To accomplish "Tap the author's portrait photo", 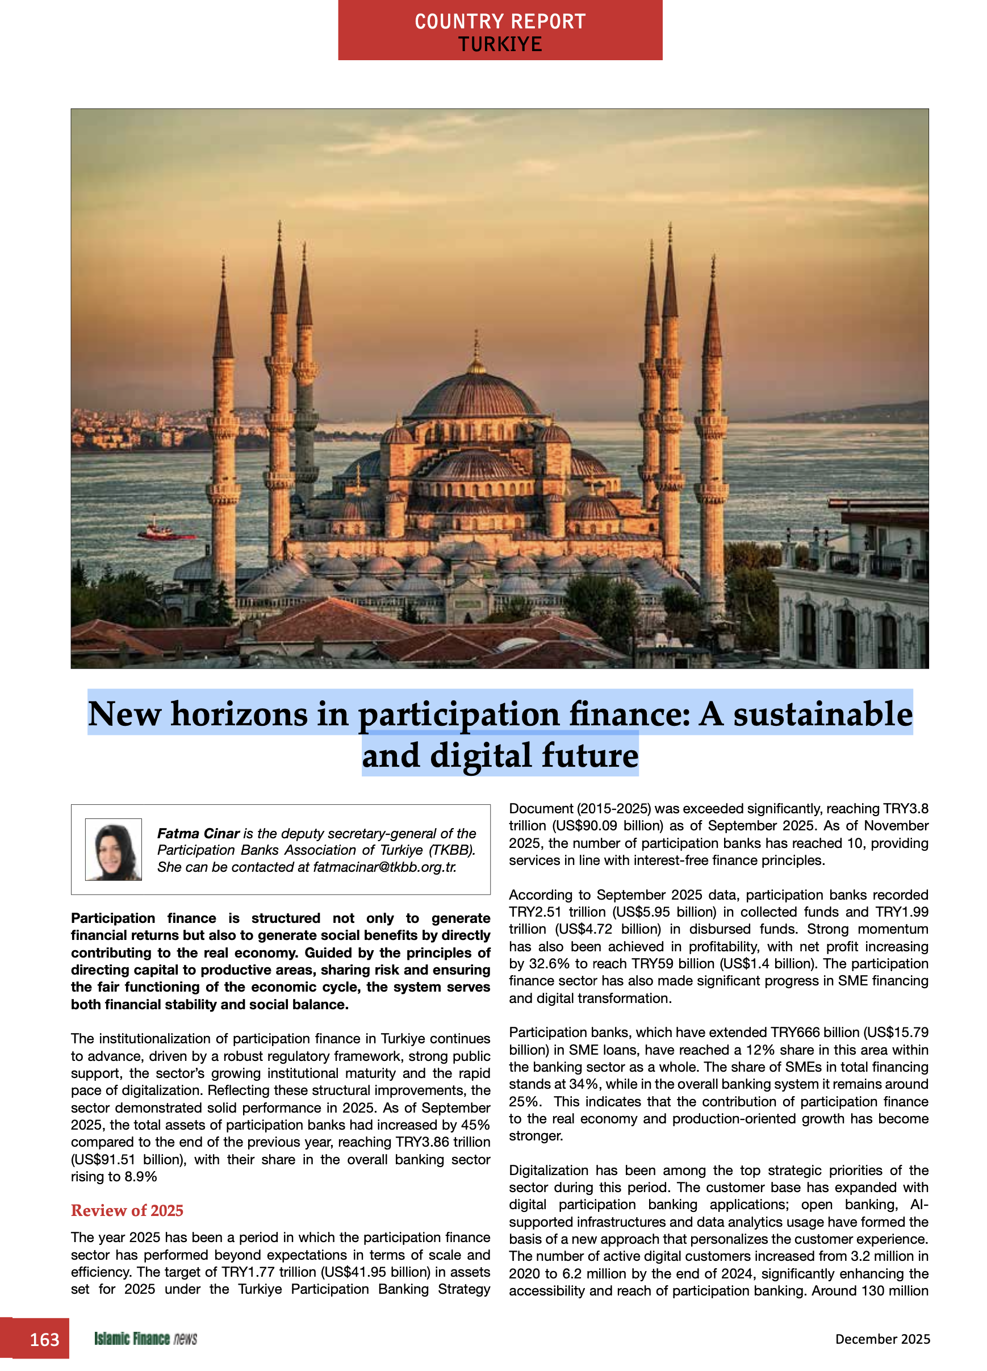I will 113,848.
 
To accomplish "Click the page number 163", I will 44,1339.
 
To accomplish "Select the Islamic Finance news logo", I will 145,1339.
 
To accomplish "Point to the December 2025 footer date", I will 882,1339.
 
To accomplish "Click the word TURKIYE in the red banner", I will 500,44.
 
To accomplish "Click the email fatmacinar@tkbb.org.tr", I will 384,867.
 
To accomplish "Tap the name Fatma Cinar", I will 198,833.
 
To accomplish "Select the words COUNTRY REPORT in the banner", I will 500,22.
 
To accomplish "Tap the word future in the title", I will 590,755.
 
